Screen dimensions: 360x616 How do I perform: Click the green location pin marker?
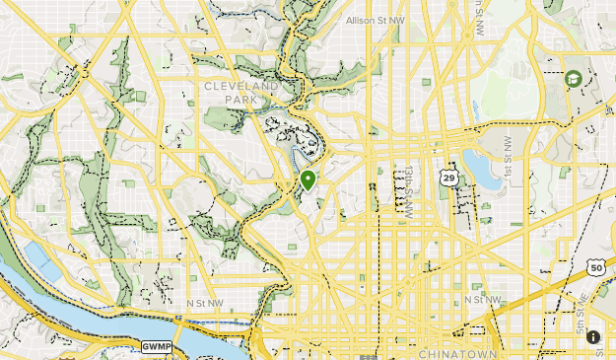[308, 180]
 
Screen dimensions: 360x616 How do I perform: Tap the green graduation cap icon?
[573, 79]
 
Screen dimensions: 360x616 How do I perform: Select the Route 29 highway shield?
[449, 177]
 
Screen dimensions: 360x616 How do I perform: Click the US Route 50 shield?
[595, 267]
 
